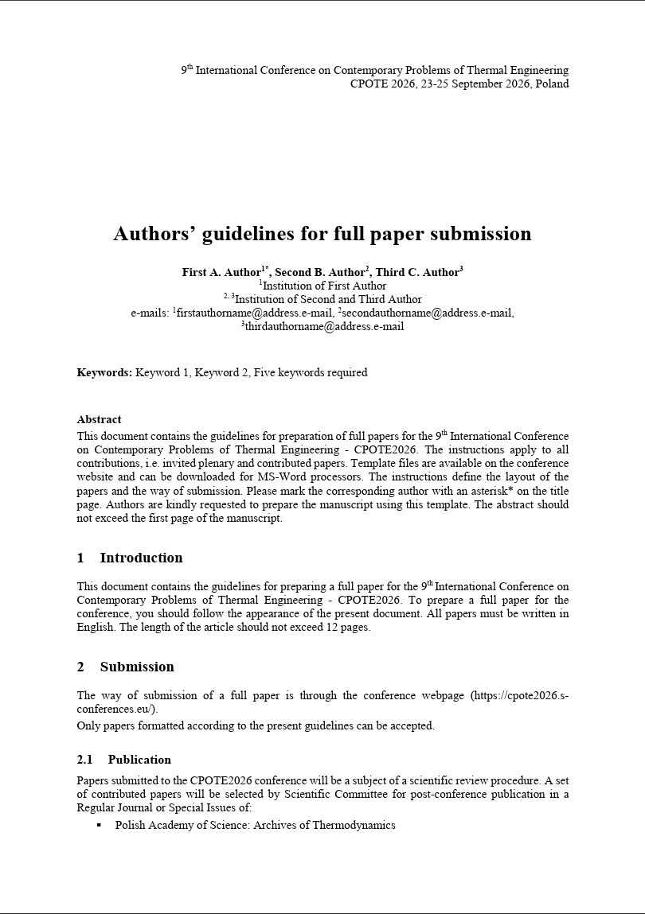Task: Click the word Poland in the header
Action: (x=551, y=84)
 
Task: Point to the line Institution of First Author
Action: (x=323, y=286)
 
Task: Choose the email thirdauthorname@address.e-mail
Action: (x=324, y=326)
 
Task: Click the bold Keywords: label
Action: (x=104, y=372)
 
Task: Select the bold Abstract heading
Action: (x=99, y=419)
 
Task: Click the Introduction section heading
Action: (x=141, y=558)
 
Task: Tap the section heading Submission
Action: (x=137, y=667)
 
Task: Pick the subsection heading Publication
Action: (x=139, y=760)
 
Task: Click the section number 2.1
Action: (x=85, y=760)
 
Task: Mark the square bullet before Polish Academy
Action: (x=99, y=826)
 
